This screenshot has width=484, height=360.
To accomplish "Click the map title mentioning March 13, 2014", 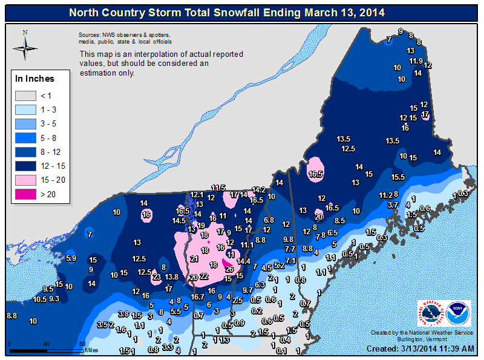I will [x=242, y=12].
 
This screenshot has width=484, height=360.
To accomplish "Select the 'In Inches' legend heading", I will [x=34, y=79].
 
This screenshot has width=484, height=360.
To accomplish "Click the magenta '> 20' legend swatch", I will [x=27, y=194].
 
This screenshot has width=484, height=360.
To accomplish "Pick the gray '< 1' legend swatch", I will [x=27, y=95].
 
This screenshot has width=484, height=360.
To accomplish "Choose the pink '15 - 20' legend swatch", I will [x=27, y=180].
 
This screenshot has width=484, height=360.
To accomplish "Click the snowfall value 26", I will [x=229, y=269].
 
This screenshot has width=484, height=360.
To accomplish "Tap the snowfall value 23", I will [x=157, y=277].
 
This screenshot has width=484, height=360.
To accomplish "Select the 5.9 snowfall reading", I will [x=71, y=258].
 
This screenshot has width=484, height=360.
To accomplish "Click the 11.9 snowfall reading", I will [x=416, y=61].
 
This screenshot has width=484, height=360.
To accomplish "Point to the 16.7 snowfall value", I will [x=197, y=296].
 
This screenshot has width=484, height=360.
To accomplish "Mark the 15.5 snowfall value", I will [x=397, y=177].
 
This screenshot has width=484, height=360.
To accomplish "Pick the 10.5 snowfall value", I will [x=40, y=299].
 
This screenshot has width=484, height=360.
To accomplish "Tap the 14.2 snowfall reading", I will [x=259, y=189].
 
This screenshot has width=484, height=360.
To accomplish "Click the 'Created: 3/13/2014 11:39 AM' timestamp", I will [x=422, y=349].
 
